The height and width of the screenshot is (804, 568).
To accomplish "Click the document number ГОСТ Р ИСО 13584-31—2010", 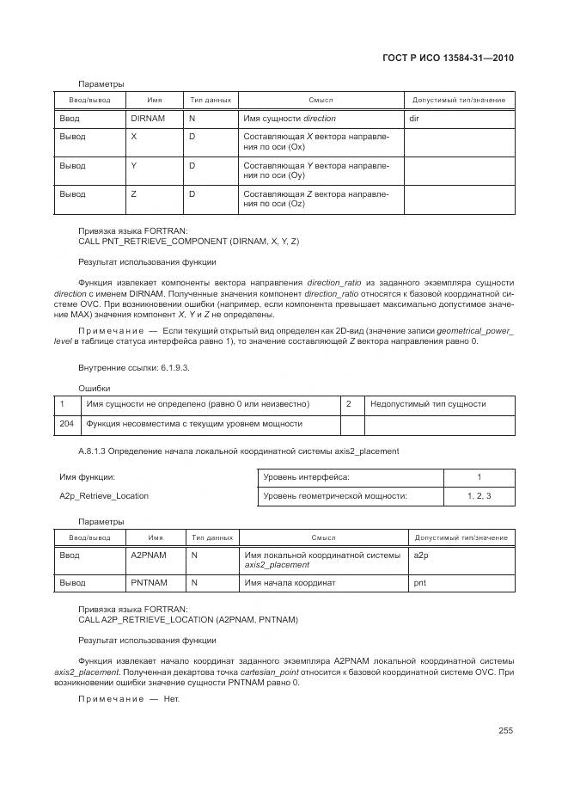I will (453, 59).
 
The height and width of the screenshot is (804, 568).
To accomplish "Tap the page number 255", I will (505, 731).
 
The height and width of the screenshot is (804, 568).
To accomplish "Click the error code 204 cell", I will (66, 423).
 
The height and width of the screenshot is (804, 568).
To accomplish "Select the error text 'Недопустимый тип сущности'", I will (428, 403).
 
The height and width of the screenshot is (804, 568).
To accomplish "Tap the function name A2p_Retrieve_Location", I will (104, 495).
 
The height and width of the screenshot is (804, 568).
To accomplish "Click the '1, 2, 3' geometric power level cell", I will (479, 495).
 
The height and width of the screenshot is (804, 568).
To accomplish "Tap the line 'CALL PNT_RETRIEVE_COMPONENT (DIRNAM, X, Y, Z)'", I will (188, 242).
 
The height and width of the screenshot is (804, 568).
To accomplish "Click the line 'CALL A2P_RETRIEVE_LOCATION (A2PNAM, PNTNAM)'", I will (188, 619).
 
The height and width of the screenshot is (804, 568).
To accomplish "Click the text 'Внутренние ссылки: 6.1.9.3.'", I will (133, 368).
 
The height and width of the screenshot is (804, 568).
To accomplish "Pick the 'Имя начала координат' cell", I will (290, 583).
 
